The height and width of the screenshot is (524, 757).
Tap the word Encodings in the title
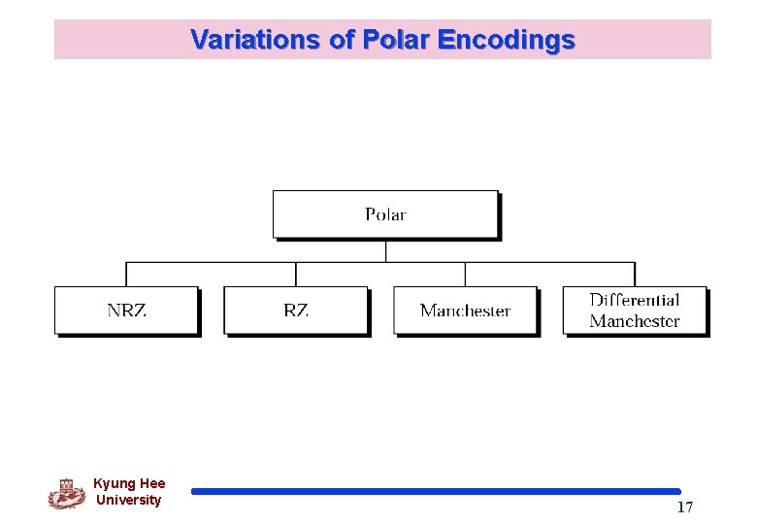coord(506,40)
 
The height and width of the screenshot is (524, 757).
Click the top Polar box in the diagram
coord(385,214)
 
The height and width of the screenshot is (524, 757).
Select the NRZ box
coord(126,311)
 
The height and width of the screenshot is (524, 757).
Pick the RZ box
coord(296,311)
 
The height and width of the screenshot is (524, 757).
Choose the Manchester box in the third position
coord(465,311)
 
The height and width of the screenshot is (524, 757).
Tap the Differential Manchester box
coord(634,311)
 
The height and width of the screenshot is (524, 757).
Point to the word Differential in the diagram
coord(634,301)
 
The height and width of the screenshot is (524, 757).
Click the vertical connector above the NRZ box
coord(126,274)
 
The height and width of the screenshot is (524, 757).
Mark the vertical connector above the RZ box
coord(296,274)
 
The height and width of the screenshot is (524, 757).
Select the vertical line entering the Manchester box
coord(465,274)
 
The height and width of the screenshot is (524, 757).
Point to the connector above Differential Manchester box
coord(635,274)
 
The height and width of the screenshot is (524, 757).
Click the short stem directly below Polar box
coord(385,250)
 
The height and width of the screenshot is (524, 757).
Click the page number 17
coord(685,508)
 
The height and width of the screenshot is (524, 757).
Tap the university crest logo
coord(66,493)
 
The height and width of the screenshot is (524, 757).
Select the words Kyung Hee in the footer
coord(129,483)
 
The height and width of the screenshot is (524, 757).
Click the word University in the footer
coord(129,500)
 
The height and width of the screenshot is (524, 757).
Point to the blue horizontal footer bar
coord(436,492)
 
